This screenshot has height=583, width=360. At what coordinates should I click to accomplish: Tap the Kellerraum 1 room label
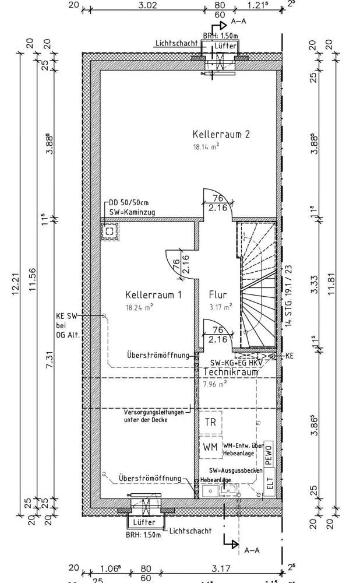(154, 295)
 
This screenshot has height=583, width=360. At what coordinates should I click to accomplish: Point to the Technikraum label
(231, 372)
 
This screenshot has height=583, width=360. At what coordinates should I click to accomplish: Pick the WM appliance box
(211, 447)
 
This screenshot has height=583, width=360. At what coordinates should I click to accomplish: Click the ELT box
(269, 483)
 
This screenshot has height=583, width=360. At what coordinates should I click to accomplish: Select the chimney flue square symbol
(109, 231)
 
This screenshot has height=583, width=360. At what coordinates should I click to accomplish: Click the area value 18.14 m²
(206, 147)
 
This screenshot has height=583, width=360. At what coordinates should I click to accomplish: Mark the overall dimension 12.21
(16, 286)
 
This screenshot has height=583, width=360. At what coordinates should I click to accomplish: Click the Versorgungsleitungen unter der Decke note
(154, 416)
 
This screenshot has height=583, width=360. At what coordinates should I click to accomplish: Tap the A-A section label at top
(238, 22)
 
